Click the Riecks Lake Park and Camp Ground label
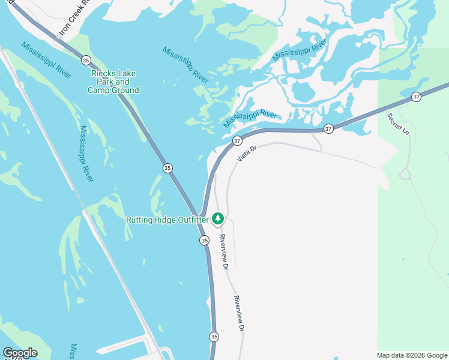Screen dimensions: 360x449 pyautogui.click(x=113, y=82)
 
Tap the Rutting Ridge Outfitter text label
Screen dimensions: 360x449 pyautogui.click(x=167, y=220)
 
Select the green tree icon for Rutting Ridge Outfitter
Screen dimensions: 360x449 pyautogui.click(x=218, y=218)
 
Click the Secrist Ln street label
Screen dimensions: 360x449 pyautogui.click(x=397, y=124)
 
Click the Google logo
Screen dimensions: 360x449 pyautogui.click(x=20, y=353)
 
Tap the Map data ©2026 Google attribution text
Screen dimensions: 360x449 pyautogui.click(x=412, y=355)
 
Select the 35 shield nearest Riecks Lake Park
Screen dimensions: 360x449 pyautogui.click(x=86, y=61)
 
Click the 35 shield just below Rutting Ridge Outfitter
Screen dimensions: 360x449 pyautogui.click(x=205, y=240)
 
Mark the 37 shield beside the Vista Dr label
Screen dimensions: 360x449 pyautogui.click(x=237, y=140)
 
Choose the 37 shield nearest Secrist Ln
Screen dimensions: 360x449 pyautogui.click(x=417, y=96)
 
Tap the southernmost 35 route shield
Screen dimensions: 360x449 pyautogui.click(x=214, y=337)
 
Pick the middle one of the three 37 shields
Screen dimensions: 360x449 pyautogui.click(x=328, y=128)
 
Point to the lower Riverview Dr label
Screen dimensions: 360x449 pyautogui.click(x=239, y=314)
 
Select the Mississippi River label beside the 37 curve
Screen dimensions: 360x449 pyautogui.click(x=250, y=118)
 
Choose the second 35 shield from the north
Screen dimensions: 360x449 pyautogui.click(x=167, y=168)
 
